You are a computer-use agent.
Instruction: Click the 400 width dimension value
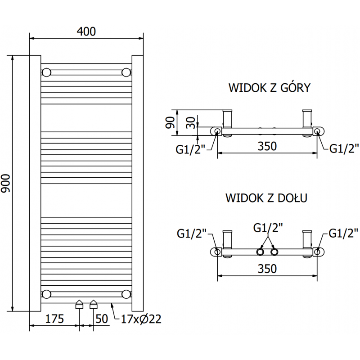[x=86, y=31]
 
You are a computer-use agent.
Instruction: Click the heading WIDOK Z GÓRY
[x=269, y=87]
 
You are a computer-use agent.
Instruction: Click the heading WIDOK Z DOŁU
[x=266, y=198]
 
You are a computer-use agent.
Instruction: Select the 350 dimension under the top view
[x=267, y=146]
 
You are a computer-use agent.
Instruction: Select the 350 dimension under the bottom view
[x=267, y=269]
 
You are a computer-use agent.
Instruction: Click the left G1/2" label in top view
[x=191, y=148]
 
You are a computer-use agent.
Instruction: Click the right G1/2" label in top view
[x=344, y=148]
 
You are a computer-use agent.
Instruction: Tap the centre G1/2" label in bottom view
[x=268, y=228]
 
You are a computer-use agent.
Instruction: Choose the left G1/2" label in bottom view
[x=191, y=233]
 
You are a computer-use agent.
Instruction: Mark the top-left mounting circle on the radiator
[x=46, y=72]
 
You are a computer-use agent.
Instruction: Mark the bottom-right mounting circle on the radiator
[x=126, y=294]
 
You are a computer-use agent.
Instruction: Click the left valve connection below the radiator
[x=79, y=305]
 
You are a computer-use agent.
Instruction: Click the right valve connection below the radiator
[x=94, y=305]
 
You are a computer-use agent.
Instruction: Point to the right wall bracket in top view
[x=307, y=120]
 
